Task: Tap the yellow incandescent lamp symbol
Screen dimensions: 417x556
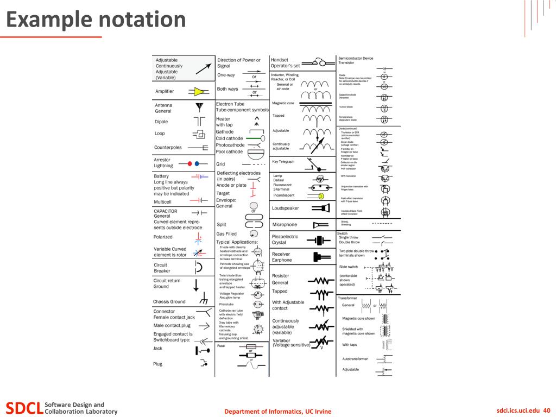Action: click(321, 195)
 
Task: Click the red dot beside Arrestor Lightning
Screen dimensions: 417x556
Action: click(189, 163)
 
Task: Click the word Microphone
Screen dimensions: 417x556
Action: click(285, 225)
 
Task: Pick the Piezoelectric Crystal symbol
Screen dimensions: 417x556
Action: click(320, 239)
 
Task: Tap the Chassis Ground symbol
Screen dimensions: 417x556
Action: click(204, 300)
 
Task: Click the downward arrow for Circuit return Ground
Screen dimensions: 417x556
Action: click(197, 284)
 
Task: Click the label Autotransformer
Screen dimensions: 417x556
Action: click(355, 359)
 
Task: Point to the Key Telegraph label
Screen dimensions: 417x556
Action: click(283, 161)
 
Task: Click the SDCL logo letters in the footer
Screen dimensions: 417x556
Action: click(24, 408)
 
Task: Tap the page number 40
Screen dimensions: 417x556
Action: click(547, 410)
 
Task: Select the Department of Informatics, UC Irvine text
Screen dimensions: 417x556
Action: click(277, 412)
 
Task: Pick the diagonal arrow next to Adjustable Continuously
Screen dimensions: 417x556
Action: click(204, 68)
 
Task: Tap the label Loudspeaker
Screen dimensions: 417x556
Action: click(286, 208)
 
